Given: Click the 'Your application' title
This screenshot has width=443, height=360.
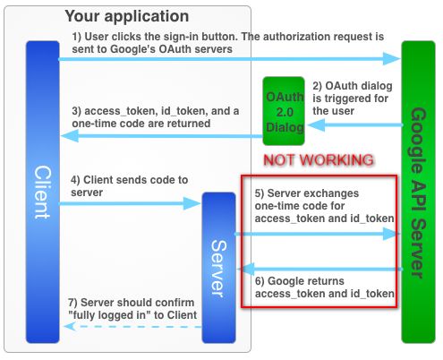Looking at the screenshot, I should (127, 16).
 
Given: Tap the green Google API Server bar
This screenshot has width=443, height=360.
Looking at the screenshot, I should (417, 192).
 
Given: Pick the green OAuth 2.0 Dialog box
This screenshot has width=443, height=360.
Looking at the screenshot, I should (284, 112).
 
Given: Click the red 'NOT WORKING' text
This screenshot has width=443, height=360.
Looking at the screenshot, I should (319, 160).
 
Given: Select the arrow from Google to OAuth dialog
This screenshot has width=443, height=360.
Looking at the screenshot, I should (354, 126).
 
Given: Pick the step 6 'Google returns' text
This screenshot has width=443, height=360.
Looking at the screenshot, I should (322, 287).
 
